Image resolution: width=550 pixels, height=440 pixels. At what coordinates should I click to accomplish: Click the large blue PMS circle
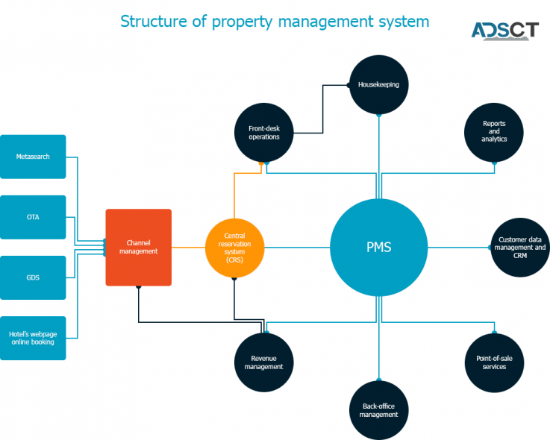pos(379,248)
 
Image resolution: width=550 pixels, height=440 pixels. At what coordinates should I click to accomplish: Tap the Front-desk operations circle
pos(264,133)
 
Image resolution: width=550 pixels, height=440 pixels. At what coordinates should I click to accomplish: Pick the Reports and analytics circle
pos(494,132)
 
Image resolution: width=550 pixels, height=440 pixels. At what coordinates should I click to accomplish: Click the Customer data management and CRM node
pos(520,248)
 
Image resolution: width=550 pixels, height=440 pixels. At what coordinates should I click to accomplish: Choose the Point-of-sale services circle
pos(494,362)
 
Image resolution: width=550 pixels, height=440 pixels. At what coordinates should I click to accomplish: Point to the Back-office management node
pos(379,410)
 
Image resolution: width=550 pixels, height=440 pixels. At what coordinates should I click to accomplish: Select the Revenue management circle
pos(263,362)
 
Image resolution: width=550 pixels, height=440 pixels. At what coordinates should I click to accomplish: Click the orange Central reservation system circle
pos(234,248)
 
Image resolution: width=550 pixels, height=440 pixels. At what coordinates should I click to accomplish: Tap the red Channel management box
pos(138,247)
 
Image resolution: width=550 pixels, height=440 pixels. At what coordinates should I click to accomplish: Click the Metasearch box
pos(33,157)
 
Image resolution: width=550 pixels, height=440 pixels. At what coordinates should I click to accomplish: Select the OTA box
pos(33,217)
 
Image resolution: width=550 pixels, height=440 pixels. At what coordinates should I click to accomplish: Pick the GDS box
pos(33,277)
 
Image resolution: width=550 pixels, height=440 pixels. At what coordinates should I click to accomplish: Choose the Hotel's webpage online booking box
pos(33,338)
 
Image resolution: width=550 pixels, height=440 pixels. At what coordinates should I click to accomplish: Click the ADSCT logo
pos(504,31)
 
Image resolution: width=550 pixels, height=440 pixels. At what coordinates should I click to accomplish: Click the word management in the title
pos(330,22)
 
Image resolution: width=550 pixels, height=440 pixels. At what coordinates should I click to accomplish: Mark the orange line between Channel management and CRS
pos(188,248)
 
